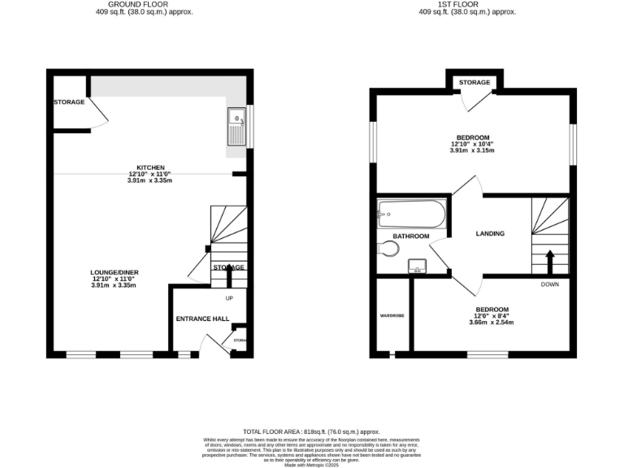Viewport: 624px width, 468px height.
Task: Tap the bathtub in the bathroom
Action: pos(411,215)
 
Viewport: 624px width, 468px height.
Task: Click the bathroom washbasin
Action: pos(418,266)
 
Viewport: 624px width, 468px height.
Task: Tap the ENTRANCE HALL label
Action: pos(202,318)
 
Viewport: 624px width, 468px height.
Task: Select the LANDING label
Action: pos(490,234)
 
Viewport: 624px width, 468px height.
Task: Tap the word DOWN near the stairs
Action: pos(550,284)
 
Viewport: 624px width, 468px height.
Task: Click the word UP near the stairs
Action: pos(230,297)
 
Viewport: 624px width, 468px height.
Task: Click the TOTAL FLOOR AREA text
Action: pos(311,431)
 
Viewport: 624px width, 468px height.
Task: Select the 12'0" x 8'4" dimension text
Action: pos(492,316)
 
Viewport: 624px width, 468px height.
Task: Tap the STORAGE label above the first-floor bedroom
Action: pos(474,83)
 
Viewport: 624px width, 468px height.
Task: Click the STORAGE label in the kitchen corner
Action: pos(69,102)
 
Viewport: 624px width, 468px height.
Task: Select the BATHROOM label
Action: pos(411,236)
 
